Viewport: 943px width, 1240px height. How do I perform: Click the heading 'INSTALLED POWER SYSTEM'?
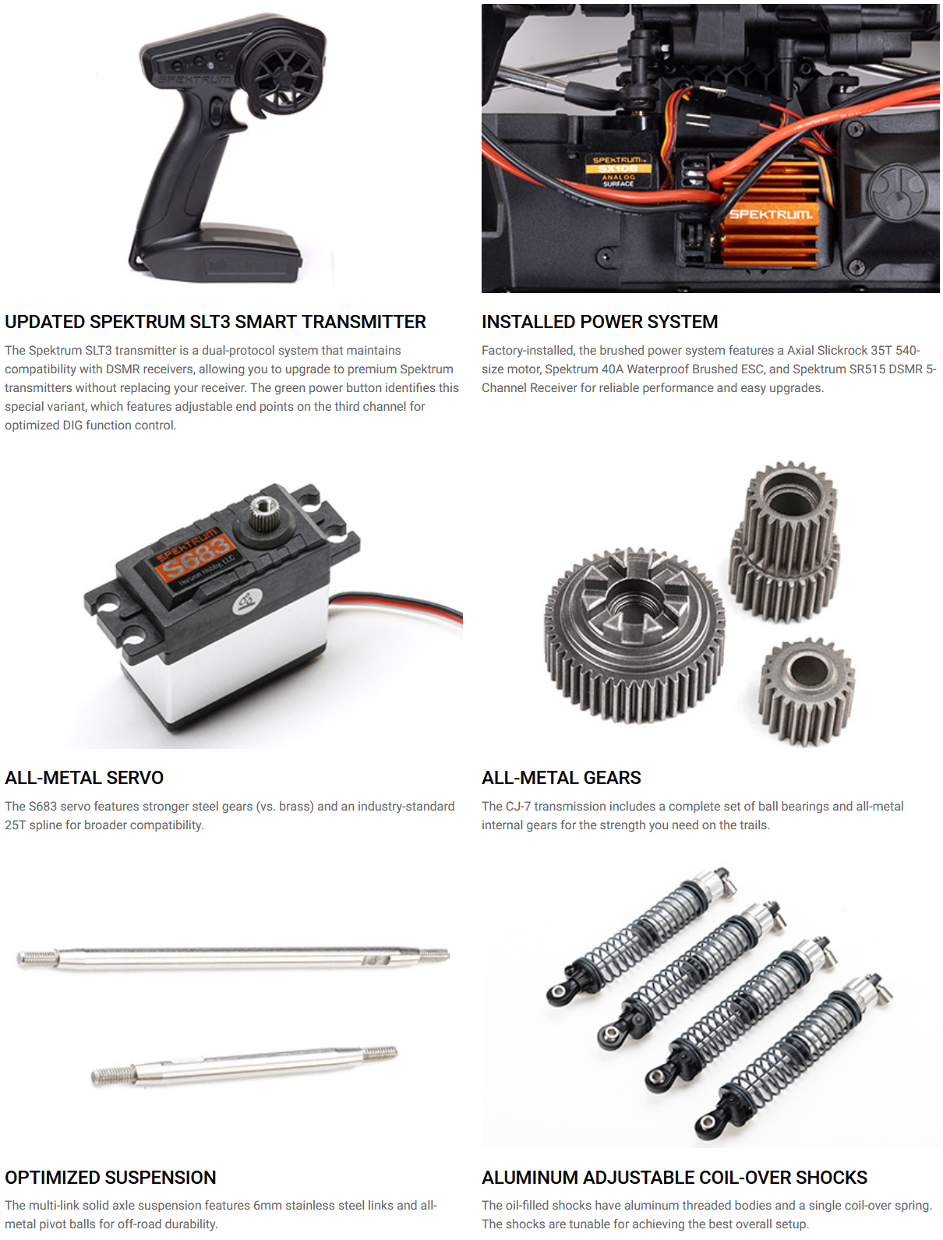click(x=599, y=322)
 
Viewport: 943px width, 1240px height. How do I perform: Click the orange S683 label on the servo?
click(x=195, y=556)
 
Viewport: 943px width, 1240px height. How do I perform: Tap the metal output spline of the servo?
click(x=263, y=512)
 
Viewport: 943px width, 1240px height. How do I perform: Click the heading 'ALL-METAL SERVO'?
click(x=84, y=778)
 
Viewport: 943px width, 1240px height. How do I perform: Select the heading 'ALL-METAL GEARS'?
click(x=560, y=778)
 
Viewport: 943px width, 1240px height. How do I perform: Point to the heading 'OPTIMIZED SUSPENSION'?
click(x=110, y=1178)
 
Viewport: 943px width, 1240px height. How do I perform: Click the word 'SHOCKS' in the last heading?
click(x=832, y=1178)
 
